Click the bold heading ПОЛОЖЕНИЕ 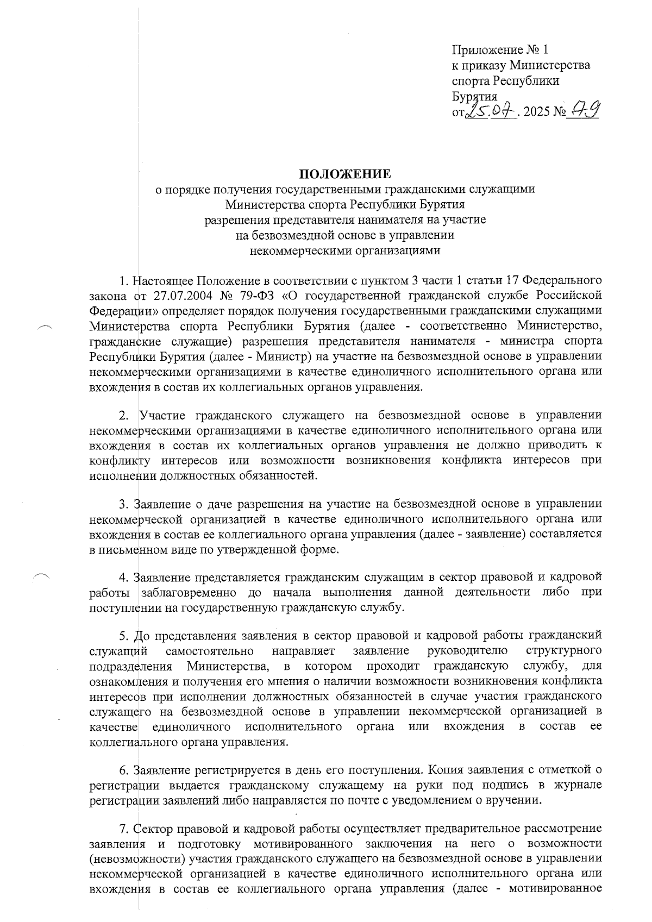coord(346,174)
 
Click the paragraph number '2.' coord(124,416)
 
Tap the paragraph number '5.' coord(124,635)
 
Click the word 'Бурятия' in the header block coord(474,97)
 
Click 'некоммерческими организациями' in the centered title coord(345,250)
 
